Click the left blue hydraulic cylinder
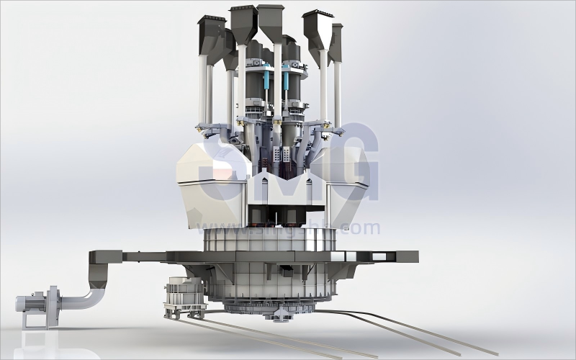268,80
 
